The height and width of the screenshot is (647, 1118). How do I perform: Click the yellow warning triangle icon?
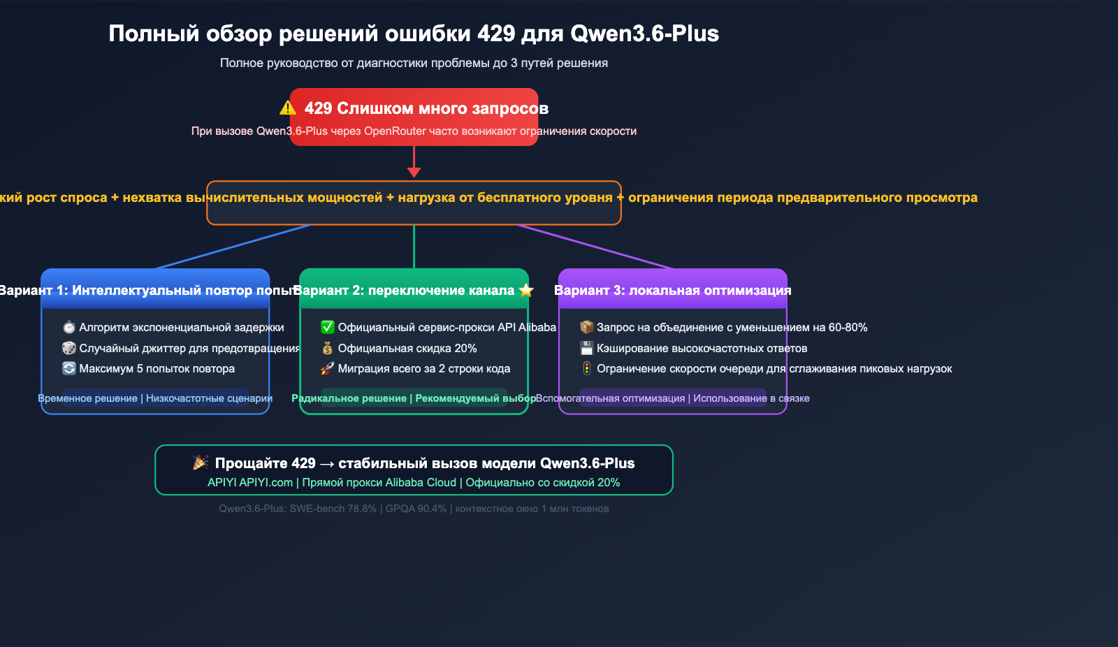point(288,108)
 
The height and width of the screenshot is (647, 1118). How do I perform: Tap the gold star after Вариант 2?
point(526,290)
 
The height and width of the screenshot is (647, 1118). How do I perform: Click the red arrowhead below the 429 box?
point(414,172)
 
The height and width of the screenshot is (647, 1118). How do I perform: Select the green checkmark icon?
point(327,327)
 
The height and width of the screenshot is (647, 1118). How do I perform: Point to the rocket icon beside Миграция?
point(327,368)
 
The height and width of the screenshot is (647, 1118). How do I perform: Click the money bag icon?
point(327,348)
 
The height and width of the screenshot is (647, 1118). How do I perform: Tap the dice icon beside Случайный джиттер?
point(68,348)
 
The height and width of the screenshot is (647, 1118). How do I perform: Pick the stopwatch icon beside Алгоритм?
point(68,327)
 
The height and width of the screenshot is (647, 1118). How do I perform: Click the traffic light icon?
point(587,368)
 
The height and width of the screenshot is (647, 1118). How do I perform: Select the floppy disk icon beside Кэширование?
point(587,348)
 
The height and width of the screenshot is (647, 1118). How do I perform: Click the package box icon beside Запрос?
point(587,327)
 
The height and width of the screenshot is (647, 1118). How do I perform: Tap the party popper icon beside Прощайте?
point(201,463)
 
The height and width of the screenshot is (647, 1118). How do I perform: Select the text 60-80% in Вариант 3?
point(848,328)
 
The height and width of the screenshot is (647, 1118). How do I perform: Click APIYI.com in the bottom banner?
point(266,483)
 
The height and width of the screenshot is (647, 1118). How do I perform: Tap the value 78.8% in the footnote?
point(362,509)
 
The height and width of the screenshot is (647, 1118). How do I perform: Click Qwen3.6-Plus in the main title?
point(644,34)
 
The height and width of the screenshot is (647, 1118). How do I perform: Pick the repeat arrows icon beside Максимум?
point(68,368)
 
